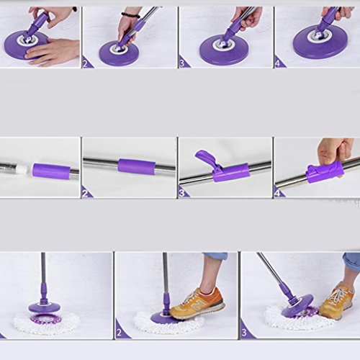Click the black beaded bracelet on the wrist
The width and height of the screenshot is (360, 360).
coord(130,15)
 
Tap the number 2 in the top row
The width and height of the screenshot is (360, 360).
coord(85,64)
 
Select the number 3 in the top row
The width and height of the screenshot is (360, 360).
coord(182,64)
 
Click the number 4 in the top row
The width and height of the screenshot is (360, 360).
coord(278,64)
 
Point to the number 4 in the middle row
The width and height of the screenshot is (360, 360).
coord(277,193)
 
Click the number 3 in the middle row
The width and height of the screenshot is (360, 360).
coord(182,193)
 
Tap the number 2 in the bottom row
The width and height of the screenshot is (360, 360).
coord(119,333)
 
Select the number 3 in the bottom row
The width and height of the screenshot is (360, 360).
coord(244,333)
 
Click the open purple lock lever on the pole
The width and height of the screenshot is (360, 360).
coord(205,159)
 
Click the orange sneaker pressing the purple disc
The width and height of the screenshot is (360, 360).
coord(197,304)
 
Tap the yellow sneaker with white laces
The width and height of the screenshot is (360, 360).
coord(336,302)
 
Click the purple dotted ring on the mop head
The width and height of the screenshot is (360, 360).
coord(46,318)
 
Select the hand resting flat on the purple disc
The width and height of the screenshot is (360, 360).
coord(53,52)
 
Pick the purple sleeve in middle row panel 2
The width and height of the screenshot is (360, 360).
coord(137,166)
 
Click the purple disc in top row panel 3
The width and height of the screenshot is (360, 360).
coord(224,50)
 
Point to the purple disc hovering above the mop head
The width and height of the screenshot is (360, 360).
coord(44,307)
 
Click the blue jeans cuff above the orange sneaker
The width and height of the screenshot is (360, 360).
coord(215,256)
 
